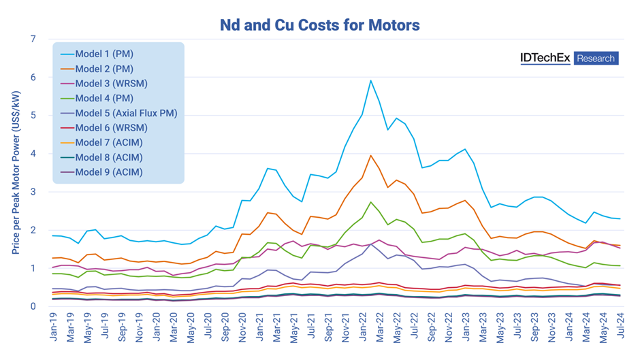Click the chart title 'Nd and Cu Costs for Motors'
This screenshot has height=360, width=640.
pos(319,25)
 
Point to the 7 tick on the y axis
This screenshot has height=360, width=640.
pos(33,39)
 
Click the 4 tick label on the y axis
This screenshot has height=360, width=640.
pos(33,154)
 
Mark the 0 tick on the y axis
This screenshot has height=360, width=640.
pos(33,306)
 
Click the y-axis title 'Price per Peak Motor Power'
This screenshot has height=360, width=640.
pos(15,173)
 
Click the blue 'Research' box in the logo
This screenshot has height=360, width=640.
pos(596,59)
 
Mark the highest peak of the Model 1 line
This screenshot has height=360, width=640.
pos(370,81)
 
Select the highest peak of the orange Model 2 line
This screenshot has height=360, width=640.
pos(370,155)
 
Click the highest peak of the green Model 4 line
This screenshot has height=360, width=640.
pos(370,202)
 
